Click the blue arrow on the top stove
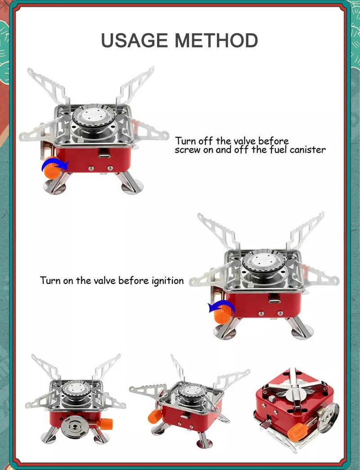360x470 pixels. (x=54, y=164)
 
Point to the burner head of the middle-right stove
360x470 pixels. (x=263, y=260)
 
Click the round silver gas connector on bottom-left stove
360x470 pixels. (x=73, y=424)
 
